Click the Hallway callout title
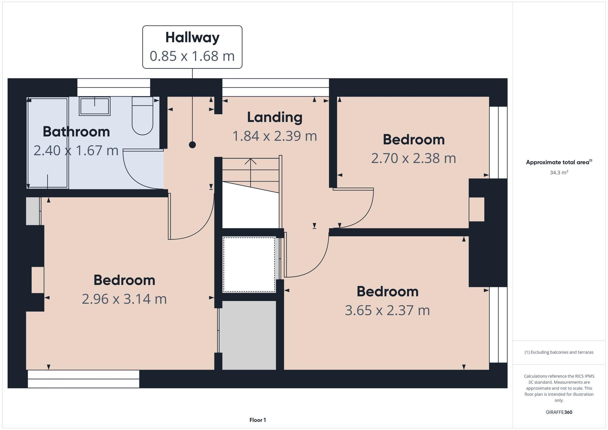point(192,38)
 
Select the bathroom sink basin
point(95,106)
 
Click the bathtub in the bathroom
point(47,143)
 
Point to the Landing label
point(275,117)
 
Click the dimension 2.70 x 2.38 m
point(413,158)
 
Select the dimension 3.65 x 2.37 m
point(387,310)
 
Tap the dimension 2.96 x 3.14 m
point(124,299)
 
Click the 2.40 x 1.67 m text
point(76,150)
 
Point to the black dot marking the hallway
point(192,145)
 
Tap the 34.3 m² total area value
point(559,173)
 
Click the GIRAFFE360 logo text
point(559,412)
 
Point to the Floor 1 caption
point(257,420)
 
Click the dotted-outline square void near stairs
point(249,264)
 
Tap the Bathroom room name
point(76,132)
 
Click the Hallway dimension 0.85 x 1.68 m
point(192,56)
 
